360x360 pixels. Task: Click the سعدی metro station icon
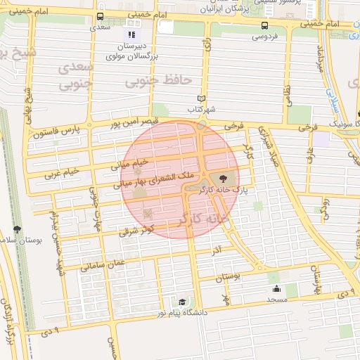click(102, 16)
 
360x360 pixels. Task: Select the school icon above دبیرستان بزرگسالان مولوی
click(130, 34)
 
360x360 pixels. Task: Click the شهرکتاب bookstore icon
click(202, 98)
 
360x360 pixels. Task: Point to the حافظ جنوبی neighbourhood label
click(158, 81)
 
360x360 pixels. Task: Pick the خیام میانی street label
click(127, 165)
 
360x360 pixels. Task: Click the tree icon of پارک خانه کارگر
click(224, 179)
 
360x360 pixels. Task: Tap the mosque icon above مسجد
click(276, 288)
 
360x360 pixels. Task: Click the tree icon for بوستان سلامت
click(17, 229)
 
